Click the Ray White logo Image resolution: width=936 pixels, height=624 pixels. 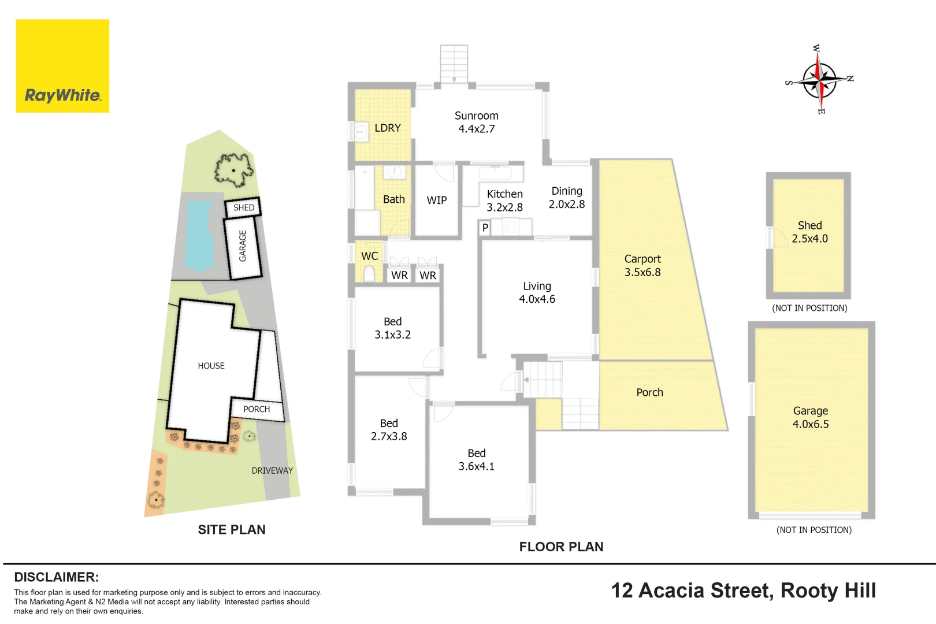(x=62, y=66)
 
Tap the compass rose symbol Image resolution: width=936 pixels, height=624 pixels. (x=819, y=79)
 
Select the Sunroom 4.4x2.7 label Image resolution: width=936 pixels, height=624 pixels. (x=476, y=122)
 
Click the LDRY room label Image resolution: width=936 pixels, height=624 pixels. (x=388, y=128)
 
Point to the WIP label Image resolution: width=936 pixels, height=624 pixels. (x=437, y=200)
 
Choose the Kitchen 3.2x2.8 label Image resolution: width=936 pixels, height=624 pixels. (x=505, y=200)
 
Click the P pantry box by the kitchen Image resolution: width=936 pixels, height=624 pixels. (x=485, y=228)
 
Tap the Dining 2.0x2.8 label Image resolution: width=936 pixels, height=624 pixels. (x=567, y=198)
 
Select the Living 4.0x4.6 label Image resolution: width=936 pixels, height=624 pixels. (x=537, y=292)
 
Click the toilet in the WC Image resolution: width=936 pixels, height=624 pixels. (x=369, y=274)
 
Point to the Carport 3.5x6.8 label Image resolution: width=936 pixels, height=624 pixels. (x=642, y=265)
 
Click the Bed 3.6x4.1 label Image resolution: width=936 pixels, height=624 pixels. (x=476, y=460)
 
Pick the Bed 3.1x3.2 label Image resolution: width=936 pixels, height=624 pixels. (x=392, y=328)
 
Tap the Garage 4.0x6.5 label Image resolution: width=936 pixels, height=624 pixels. (x=811, y=418)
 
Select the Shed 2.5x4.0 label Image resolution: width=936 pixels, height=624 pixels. (x=810, y=232)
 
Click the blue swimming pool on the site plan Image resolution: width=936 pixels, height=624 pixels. (x=199, y=236)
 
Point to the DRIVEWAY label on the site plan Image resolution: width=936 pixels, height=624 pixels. (x=272, y=471)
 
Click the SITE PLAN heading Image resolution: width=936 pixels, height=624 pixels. (x=232, y=530)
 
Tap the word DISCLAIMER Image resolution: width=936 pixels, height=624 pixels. (x=57, y=577)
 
